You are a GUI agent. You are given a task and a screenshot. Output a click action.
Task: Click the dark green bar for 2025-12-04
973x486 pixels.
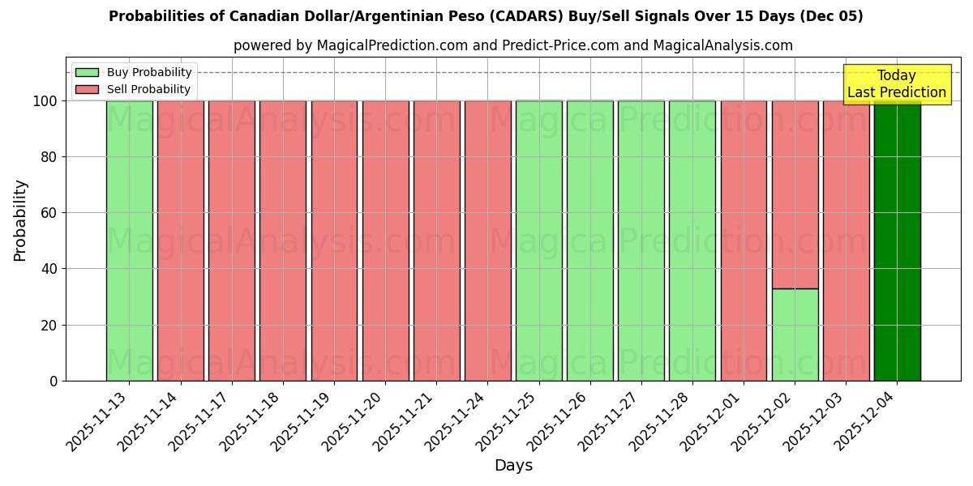897,241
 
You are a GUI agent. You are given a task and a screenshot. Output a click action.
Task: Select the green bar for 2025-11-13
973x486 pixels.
129,241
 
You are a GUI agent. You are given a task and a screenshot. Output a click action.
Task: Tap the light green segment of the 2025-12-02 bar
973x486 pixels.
795,335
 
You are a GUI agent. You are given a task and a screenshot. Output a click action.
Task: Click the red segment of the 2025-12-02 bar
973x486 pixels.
795,194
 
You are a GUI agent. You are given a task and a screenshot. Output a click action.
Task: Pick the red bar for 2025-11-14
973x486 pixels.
180,241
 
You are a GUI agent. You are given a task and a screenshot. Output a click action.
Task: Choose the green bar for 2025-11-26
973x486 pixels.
589,241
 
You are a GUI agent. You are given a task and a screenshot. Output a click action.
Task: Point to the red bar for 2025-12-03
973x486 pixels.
846,241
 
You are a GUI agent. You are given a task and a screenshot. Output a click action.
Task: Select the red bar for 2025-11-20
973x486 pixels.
385,241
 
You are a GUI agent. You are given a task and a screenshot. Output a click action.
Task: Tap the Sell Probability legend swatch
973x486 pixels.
87,89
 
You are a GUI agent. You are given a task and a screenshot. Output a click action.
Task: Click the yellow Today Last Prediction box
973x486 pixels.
896,84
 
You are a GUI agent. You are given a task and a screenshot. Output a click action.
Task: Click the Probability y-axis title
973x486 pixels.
20,220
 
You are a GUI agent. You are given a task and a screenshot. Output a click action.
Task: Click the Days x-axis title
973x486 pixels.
513,466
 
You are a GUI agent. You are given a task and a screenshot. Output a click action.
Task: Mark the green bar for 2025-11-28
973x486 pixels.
692,241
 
